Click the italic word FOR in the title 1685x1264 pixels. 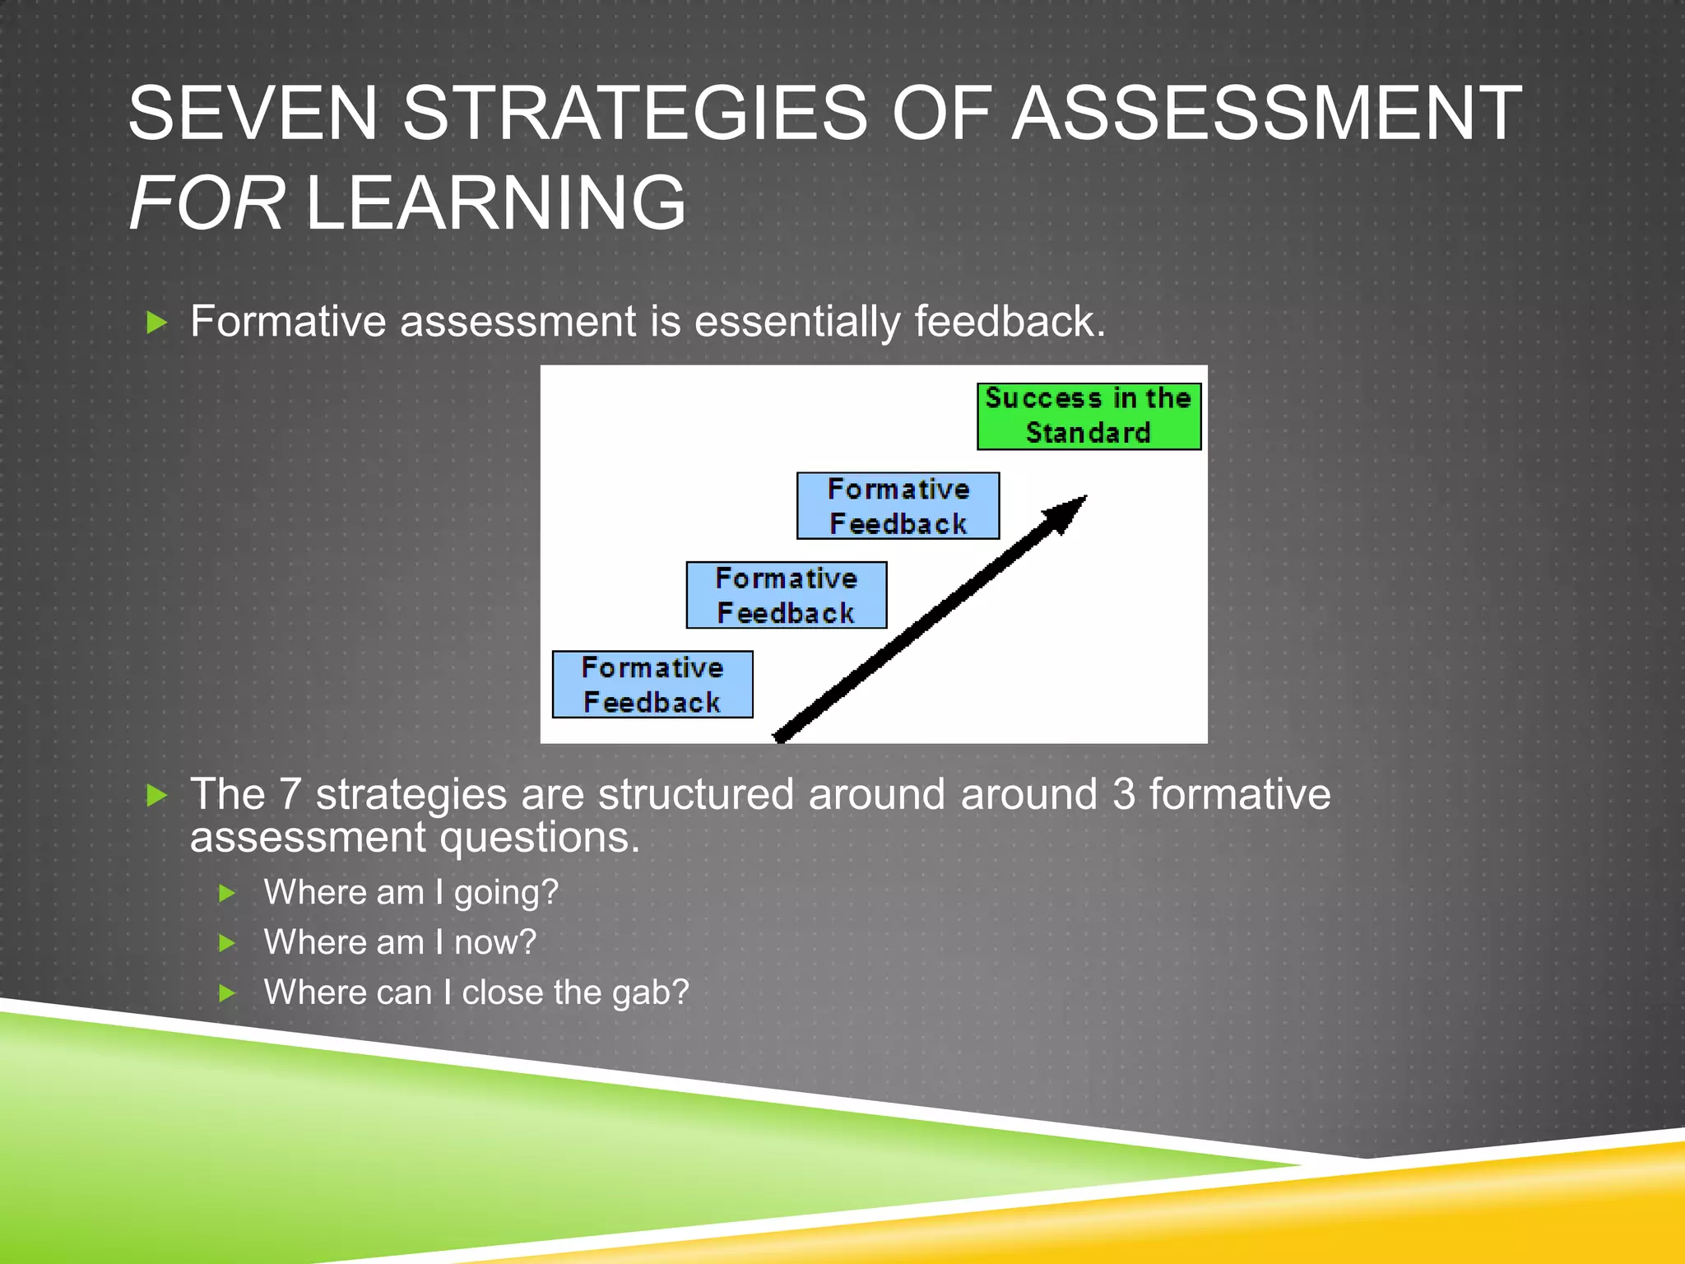(207, 202)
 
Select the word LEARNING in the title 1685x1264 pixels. (495, 202)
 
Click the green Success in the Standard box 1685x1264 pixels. (1089, 416)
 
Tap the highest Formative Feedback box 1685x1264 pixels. (898, 506)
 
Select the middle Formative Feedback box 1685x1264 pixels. (787, 596)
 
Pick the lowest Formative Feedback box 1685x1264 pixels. (652, 685)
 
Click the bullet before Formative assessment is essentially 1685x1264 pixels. (156, 323)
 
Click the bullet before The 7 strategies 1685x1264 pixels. (156, 796)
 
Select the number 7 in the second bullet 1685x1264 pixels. (290, 795)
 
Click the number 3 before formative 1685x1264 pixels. (1124, 795)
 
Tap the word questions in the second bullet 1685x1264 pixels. (539, 838)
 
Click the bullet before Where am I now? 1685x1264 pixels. (228, 944)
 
